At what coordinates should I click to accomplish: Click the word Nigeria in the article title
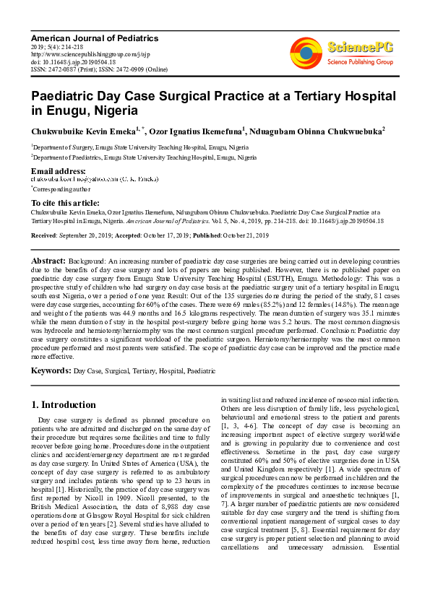pos(113,111)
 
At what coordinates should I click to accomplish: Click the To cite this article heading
pos(65,203)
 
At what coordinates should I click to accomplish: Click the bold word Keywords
pos(51,370)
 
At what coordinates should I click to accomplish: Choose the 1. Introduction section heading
pos(64,404)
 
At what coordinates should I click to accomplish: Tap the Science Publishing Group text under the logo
pos(359,62)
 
